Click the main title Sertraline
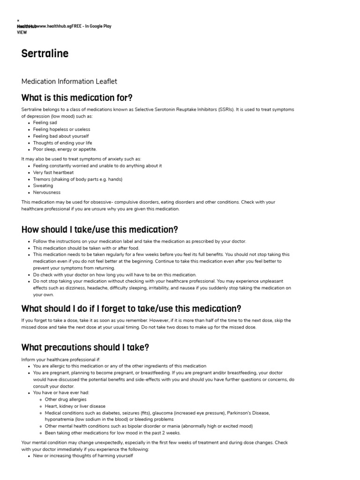pyautogui.click(x=45, y=53)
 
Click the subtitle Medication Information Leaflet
pyautogui.click(x=69, y=82)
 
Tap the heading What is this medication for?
pyautogui.click(x=77, y=97)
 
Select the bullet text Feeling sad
pyautogui.click(x=45, y=122)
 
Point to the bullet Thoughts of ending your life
pyautogui.click(x=62, y=142)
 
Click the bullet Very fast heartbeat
pyautogui.click(x=53, y=172)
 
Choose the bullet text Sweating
pyautogui.click(x=43, y=186)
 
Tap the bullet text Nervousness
pyautogui.click(x=46, y=192)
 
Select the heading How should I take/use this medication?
pyautogui.click(x=100, y=230)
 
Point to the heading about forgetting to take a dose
pyautogui.click(x=131, y=308)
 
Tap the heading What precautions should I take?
pyautogui.click(x=85, y=347)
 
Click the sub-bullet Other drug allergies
pyautogui.click(x=66, y=399)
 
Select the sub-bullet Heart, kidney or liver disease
pyautogui.click(x=75, y=406)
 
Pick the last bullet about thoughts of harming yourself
pyautogui.click(x=83, y=455)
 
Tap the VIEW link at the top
pyautogui.click(x=21, y=33)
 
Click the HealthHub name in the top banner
pyautogui.click(x=26, y=27)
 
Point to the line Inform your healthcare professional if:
pyautogui.click(x=61, y=360)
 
